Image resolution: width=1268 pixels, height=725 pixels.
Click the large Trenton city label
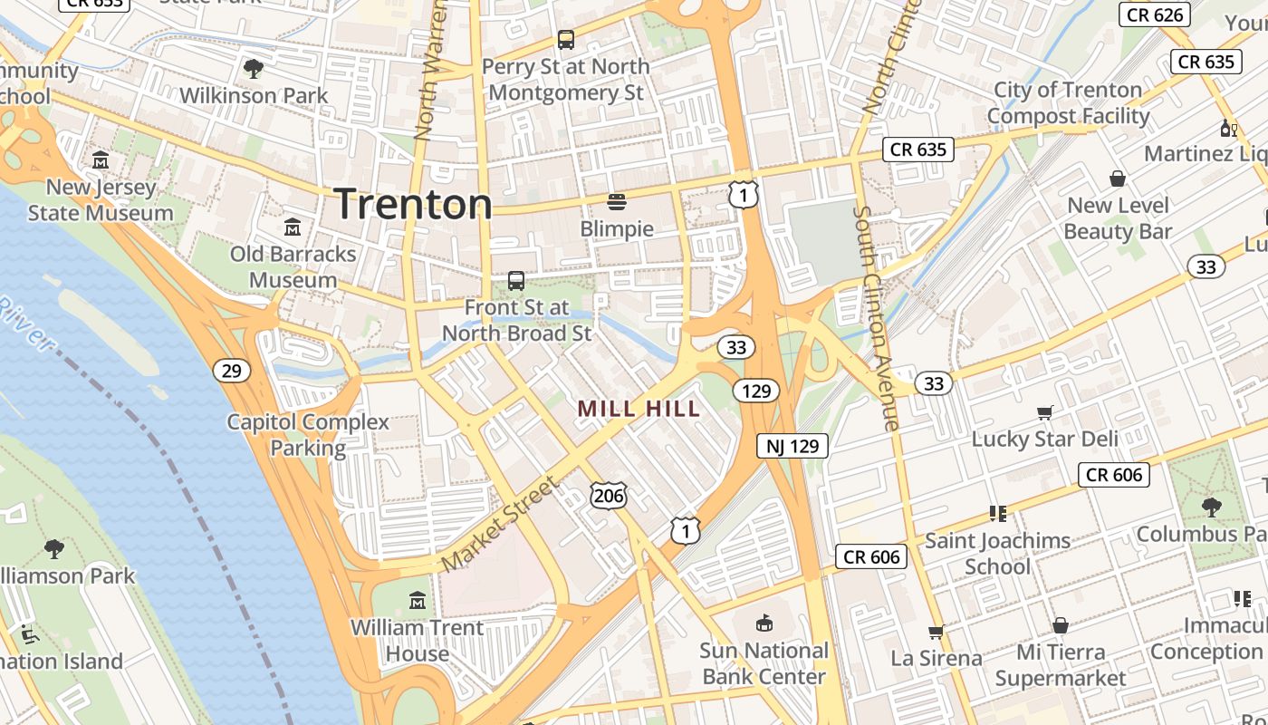414,204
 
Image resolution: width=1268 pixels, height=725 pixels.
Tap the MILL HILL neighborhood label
639,409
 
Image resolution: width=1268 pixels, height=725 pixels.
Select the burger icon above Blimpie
617,201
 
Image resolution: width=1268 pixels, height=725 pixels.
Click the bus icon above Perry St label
566,40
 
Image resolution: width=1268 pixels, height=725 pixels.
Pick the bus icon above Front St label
516,281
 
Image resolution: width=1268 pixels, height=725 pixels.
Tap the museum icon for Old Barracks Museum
293,227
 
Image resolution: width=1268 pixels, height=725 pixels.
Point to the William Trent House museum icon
417,600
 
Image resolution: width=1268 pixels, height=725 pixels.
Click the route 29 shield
232,370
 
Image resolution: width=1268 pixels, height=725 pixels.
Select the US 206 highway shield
608,495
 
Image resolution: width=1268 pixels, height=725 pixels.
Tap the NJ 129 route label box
792,446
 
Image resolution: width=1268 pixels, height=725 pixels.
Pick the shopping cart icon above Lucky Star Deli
1044,413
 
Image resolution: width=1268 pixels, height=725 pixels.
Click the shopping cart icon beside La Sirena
936,632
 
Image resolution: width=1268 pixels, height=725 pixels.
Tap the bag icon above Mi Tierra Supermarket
1061,625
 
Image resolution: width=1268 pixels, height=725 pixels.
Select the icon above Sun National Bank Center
764,623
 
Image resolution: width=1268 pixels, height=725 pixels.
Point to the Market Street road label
499,526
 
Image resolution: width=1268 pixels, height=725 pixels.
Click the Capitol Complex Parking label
308,435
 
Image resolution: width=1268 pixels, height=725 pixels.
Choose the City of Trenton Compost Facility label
1068,102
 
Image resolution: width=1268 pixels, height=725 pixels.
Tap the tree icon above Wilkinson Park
254,68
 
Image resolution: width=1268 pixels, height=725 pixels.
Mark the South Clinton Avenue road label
876,317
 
